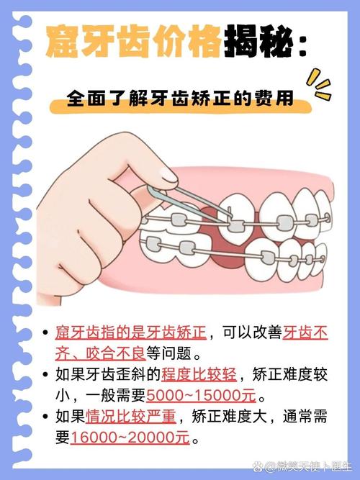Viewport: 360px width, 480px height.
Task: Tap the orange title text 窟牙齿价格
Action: tap(132, 44)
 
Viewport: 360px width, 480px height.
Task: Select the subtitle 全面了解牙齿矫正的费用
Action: tap(180, 98)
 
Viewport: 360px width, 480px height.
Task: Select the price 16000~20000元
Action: tap(130, 437)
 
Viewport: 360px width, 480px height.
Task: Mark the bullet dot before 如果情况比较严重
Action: tap(46, 417)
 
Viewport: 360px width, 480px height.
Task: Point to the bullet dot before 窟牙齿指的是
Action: tap(46, 333)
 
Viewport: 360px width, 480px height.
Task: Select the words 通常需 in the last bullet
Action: tap(305, 416)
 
